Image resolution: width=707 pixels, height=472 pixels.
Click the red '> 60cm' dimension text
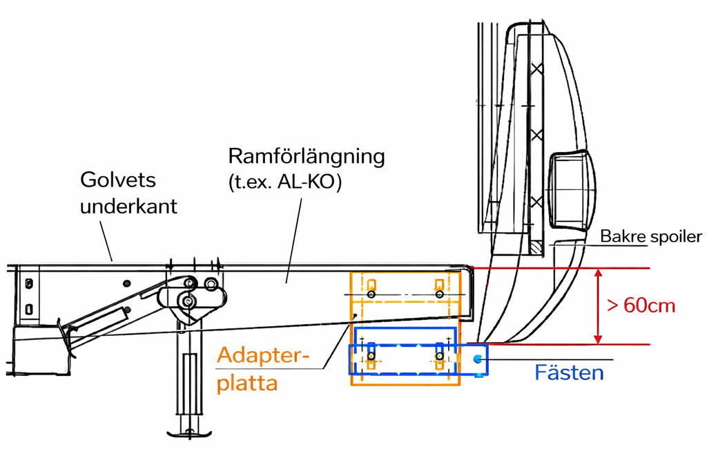click(x=641, y=305)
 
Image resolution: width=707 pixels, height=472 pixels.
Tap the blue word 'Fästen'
click(x=569, y=373)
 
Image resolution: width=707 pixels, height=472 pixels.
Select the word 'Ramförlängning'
click(x=306, y=155)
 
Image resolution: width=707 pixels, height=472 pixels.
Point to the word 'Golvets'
click(x=118, y=180)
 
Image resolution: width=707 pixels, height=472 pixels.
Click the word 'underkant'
click(x=128, y=206)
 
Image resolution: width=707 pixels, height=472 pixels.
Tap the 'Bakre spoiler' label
click(x=650, y=236)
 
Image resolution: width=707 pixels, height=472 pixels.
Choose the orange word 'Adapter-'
click(x=263, y=357)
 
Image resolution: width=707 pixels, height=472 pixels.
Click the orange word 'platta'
click(x=247, y=383)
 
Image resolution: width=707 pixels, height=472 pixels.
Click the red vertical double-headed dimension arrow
click(x=598, y=306)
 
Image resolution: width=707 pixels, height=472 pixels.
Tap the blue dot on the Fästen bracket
click(x=477, y=359)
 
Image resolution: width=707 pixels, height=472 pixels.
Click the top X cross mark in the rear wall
click(x=536, y=69)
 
